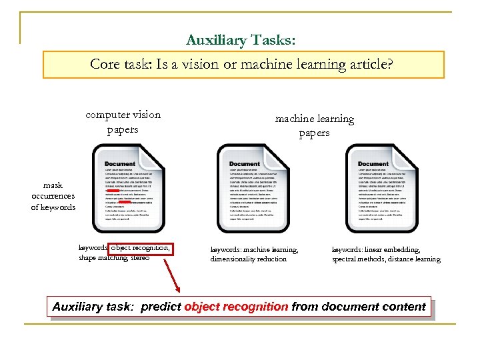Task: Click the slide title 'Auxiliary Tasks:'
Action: [x=241, y=40]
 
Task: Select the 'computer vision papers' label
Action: [x=123, y=121]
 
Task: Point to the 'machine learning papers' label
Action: [x=315, y=125]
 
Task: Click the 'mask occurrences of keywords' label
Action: [x=53, y=196]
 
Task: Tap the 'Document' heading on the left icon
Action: [x=120, y=163]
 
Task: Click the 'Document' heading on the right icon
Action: [x=373, y=163]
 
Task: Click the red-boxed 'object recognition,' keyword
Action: [x=141, y=249]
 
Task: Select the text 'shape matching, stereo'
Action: [x=114, y=258]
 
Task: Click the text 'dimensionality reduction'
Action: [x=249, y=259]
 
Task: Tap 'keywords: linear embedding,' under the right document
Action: [x=376, y=250]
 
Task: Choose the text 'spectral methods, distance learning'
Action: [x=386, y=259]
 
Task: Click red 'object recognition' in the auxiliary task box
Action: [x=236, y=307]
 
